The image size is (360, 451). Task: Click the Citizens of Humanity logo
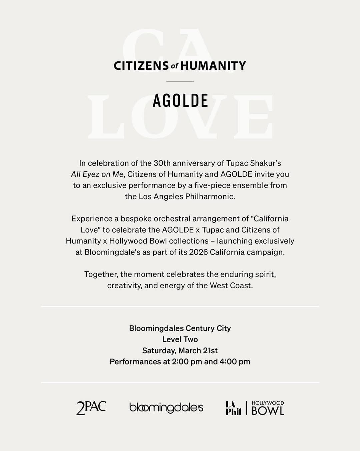tap(180, 66)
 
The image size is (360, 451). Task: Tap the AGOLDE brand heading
tap(180, 101)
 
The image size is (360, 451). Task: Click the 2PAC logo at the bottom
tap(91, 408)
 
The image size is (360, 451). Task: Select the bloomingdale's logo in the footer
tap(166, 408)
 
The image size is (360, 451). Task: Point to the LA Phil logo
tap(233, 408)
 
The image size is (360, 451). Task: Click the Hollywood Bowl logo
tap(268, 408)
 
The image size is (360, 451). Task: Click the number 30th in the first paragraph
tap(162, 163)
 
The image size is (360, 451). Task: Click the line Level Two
tap(180, 339)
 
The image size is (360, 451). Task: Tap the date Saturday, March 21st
tap(180, 351)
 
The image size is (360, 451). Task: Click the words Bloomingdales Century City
tap(180, 328)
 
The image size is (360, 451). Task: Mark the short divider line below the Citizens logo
tap(180, 81)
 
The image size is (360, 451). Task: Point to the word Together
tap(101, 275)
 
